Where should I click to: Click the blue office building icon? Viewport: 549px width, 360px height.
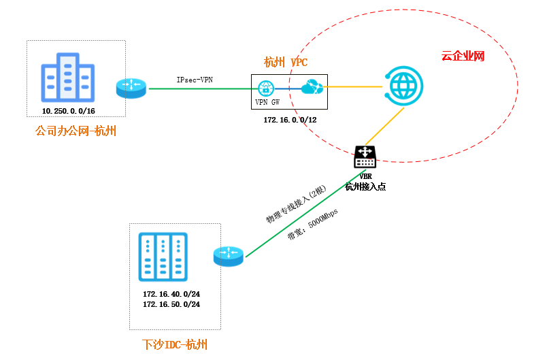coord(67,78)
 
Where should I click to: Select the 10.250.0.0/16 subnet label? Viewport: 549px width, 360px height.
coord(68,110)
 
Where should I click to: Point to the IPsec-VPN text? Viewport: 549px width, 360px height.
coord(195,80)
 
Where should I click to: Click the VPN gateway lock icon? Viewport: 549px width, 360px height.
coord(267,87)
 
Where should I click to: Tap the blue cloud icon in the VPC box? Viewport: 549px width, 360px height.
coord(312,87)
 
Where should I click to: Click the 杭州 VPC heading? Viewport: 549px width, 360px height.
coord(286,63)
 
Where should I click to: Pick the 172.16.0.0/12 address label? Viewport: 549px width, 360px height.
coord(290,120)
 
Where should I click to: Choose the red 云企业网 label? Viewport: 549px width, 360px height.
coord(463,56)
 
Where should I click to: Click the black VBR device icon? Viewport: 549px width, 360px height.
coord(365,157)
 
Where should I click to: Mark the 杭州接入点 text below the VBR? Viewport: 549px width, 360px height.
coord(366,186)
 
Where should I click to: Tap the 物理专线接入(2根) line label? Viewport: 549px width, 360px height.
coord(297,204)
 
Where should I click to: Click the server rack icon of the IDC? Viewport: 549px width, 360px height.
coord(163,257)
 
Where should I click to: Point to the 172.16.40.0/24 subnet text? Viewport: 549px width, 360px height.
coord(171,294)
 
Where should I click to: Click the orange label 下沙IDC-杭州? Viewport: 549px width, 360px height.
coord(175,344)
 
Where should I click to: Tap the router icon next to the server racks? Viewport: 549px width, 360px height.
coord(228,257)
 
